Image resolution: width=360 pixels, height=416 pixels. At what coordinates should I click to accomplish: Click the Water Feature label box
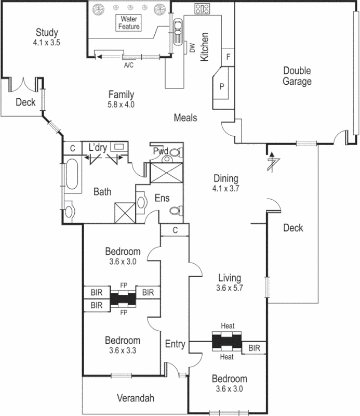(x=129, y=22)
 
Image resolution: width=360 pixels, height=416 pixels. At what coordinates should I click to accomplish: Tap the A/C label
(x=129, y=66)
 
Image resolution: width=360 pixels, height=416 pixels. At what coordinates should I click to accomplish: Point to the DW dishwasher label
(x=192, y=49)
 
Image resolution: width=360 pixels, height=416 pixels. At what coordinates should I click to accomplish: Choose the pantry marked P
(x=222, y=86)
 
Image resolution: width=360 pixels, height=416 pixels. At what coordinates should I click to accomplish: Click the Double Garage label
(x=297, y=76)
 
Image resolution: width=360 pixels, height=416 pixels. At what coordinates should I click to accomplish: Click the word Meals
(x=185, y=118)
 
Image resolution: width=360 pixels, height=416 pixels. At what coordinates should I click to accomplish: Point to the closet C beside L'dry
(x=72, y=148)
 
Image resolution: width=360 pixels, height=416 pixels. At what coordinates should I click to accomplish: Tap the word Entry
(x=175, y=344)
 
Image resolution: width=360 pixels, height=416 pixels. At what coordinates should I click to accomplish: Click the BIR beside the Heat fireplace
(x=254, y=347)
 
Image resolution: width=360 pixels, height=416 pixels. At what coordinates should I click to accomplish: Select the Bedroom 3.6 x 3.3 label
(x=122, y=345)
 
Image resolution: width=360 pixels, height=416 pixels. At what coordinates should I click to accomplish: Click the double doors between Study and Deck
(x=24, y=85)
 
